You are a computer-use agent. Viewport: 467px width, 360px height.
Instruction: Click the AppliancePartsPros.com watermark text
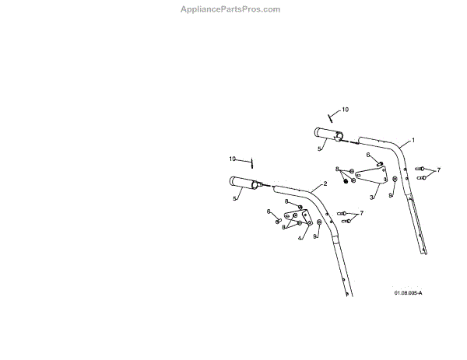pos(230,9)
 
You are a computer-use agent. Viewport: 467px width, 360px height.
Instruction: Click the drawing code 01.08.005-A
pos(408,292)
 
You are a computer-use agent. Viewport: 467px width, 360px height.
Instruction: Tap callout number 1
pos(413,140)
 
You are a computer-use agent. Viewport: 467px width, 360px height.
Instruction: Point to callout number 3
pos(371,197)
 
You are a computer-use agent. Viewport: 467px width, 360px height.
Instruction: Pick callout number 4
pos(300,239)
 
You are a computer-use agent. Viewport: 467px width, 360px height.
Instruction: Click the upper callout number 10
pos(346,110)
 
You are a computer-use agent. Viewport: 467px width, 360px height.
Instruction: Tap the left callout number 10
pos(233,159)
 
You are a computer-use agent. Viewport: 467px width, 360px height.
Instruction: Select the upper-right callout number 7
pos(438,170)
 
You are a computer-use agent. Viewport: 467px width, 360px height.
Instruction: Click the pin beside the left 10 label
pos(253,164)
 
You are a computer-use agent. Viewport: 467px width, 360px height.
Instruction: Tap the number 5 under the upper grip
pos(319,148)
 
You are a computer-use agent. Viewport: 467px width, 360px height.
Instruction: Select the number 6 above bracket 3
pos(368,155)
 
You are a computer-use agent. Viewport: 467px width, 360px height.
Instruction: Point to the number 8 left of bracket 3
pos(337,169)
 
